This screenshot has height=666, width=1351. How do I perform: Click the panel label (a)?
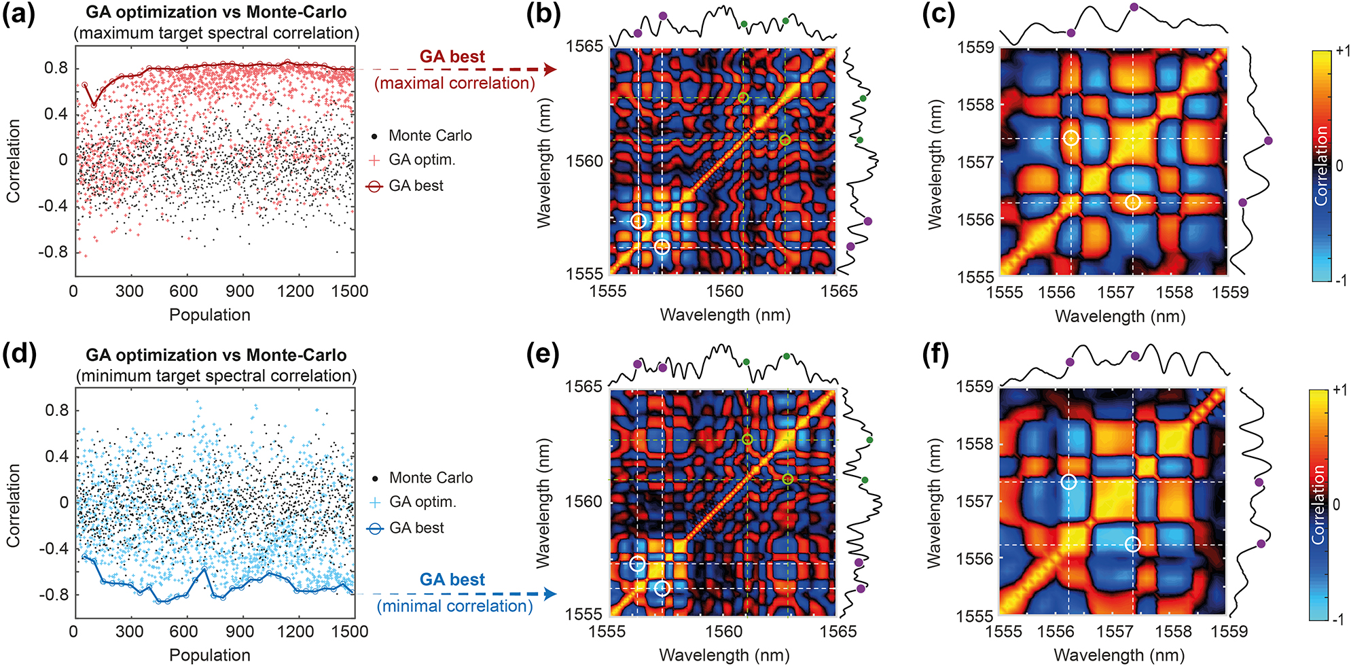pyautogui.click(x=18, y=14)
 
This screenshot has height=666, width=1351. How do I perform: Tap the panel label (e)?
pyautogui.click(x=543, y=354)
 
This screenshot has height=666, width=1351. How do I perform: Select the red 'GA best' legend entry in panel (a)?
pyautogui.click(x=416, y=186)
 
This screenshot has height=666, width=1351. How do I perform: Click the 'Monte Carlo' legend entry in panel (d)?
pyautogui.click(x=431, y=478)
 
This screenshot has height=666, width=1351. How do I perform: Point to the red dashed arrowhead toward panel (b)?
pyautogui.click(x=550, y=69)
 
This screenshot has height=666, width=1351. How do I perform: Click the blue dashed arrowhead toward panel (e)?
pyautogui.click(x=550, y=594)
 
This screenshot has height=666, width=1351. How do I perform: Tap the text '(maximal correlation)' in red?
pyautogui.click(x=454, y=83)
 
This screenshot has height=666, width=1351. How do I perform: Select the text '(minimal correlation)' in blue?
pyautogui.click(x=454, y=606)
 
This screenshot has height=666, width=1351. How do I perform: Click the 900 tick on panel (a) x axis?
pyautogui.click(x=239, y=292)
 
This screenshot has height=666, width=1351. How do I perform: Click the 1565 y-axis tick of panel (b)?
pyautogui.click(x=583, y=46)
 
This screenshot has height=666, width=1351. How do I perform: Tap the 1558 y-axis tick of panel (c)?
pyautogui.click(x=975, y=105)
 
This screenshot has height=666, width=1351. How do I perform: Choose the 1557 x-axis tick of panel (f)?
pyautogui.click(x=1115, y=631)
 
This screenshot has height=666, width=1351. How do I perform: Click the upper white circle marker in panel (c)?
pyautogui.click(x=1071, y=138)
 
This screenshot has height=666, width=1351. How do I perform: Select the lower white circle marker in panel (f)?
pyautogui.click(x=1132, y=544)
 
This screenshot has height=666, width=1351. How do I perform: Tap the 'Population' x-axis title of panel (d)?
pyautogui.click(x=209, y=655)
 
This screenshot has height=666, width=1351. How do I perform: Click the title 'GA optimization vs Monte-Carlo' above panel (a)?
pyautogui.click(x=216, y=12)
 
